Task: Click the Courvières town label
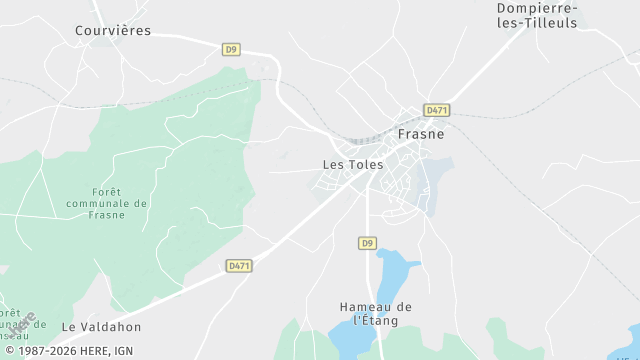(x=113, y=30)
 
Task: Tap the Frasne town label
(x=421, y=133)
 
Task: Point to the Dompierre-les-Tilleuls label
(x=538, y=15)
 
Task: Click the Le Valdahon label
(x=101, y=326)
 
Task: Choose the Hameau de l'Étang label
(x=376, y=313)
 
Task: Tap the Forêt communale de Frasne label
(x=106, y=203)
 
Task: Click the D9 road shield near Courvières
(x=231, y=48)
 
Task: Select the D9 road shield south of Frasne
(x=367, y=243)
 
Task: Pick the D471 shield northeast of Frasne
(x=435, y=110)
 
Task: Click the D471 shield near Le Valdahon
(x=239, y=266)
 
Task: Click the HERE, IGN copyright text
(x=68, y=351)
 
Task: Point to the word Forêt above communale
(x=106, y=190)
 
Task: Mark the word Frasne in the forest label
(x=106, y=216)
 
